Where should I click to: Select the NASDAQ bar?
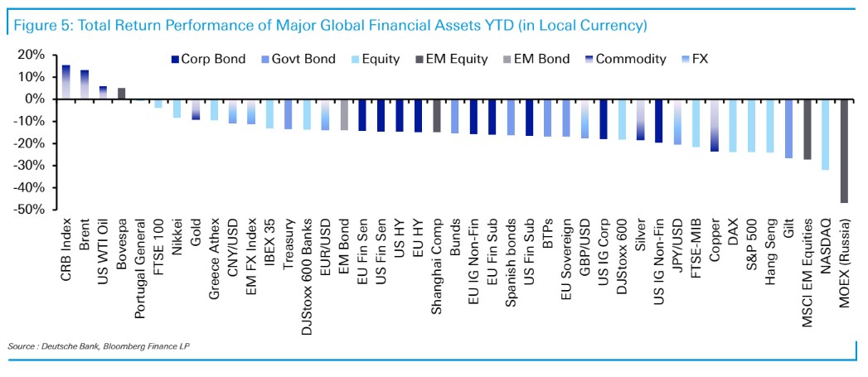pos(825,134)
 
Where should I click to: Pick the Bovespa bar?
pos(122,94)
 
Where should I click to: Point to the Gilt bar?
pos(788,128)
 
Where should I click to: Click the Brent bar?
pos(85,85)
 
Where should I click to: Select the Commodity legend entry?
pos(624,59)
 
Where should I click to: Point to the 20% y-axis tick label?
pos(32,55)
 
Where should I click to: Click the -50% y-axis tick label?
pos(30,210)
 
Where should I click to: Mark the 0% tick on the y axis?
pos(36,99)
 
